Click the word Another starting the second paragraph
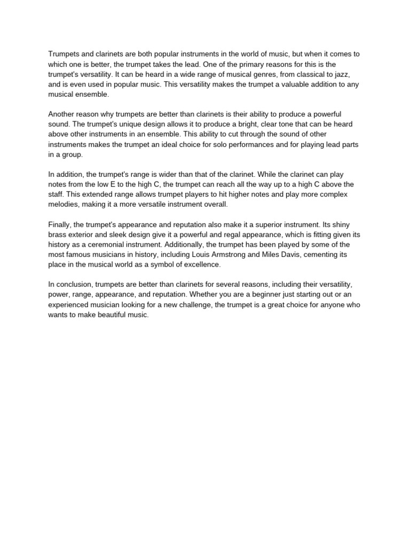(x=62, y=114)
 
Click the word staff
(x=55, y=194)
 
